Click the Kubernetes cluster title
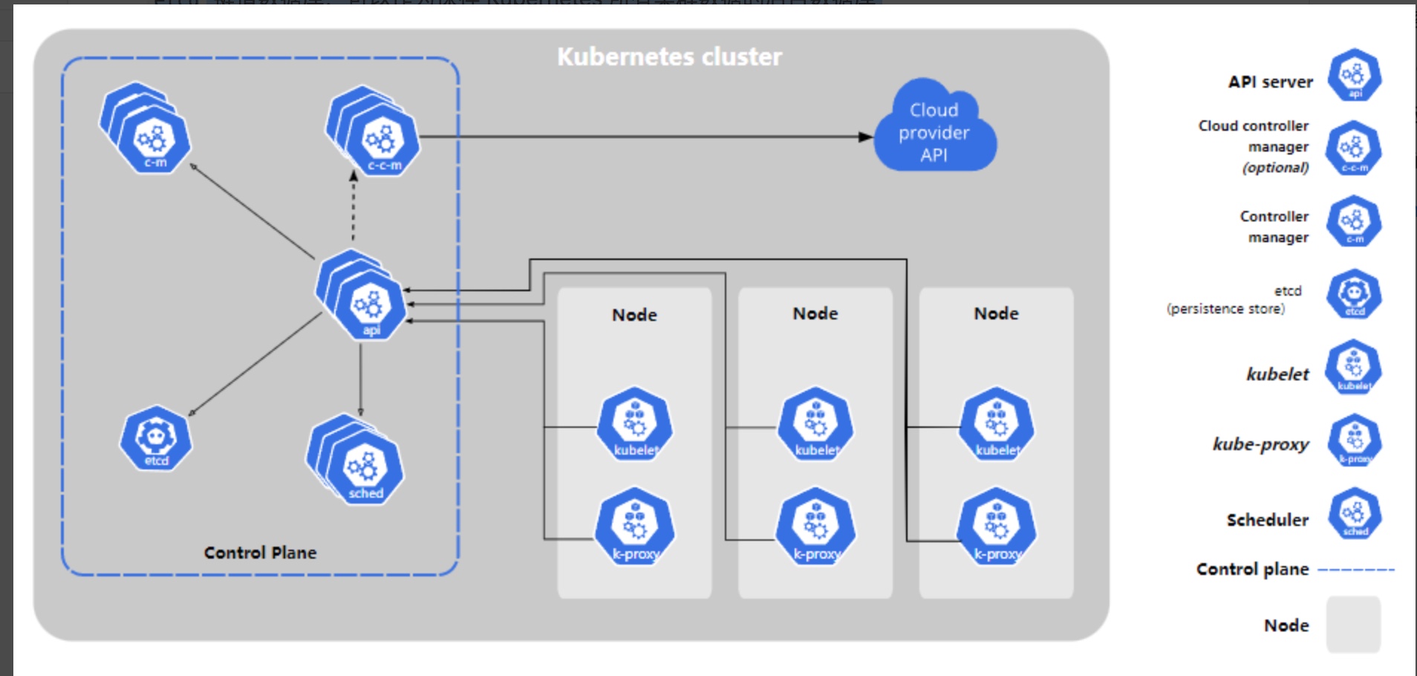pos(669,57)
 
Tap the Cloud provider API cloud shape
pos(934,131)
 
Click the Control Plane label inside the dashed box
pos(260,553)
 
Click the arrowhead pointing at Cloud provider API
pos(865,137)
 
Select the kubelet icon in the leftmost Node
pos(635,424)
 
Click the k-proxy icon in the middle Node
pos(815,527)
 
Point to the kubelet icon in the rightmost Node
pos(997,424)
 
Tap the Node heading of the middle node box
pos(815,313)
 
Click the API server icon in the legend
pos(1355,75)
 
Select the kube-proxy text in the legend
pos(1260,444)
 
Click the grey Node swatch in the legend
pos(1353,624)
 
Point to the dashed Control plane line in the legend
pos(1356,570)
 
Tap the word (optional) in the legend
pos(1275,168)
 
